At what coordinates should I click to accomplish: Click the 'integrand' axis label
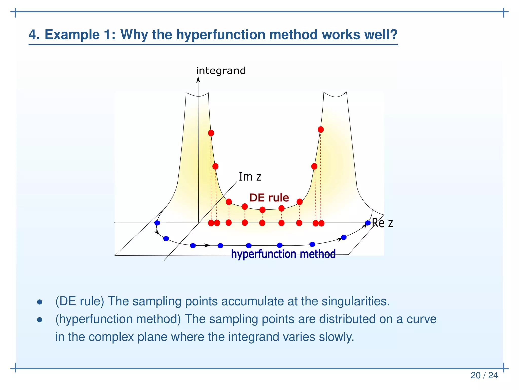(x=221, y=71)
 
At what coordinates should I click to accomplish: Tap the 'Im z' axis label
(x=250, y=176)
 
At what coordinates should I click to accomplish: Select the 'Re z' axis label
(x=382, y=223)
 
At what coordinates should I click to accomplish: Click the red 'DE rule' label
(x=269, y=198)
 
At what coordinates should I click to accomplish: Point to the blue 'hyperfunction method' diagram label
(x=283, y=254)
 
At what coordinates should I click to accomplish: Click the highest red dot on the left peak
(x=211, y=133)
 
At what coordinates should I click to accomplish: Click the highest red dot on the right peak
(x=321, y=129)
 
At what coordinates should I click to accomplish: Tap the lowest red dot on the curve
(x=263, y=210)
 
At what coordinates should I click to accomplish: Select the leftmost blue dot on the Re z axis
(x=157, y=223)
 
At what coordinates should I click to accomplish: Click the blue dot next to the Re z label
(x=368, y=223)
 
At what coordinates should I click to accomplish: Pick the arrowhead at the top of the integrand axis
(x=198, y=80)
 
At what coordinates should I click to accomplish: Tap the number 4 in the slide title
(x=32, y=35)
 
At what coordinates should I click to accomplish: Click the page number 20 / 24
(x=484, y=375)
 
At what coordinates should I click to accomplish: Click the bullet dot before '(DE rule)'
(x=40, y=302)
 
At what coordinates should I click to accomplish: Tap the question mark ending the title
(x=394, y=35)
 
